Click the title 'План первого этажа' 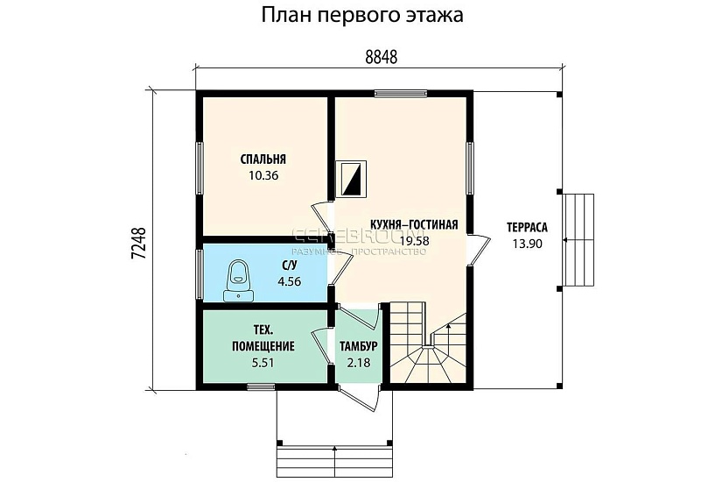(361, 16)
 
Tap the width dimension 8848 (381, 57)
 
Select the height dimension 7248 (137, 242)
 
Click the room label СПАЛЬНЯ (263, 159)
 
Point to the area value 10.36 (263, 175)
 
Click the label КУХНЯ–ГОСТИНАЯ (414, 223)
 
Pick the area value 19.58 (414, 239)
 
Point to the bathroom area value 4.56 (289, 281)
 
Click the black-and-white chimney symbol (354, 179)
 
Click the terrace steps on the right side (578, 239)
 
